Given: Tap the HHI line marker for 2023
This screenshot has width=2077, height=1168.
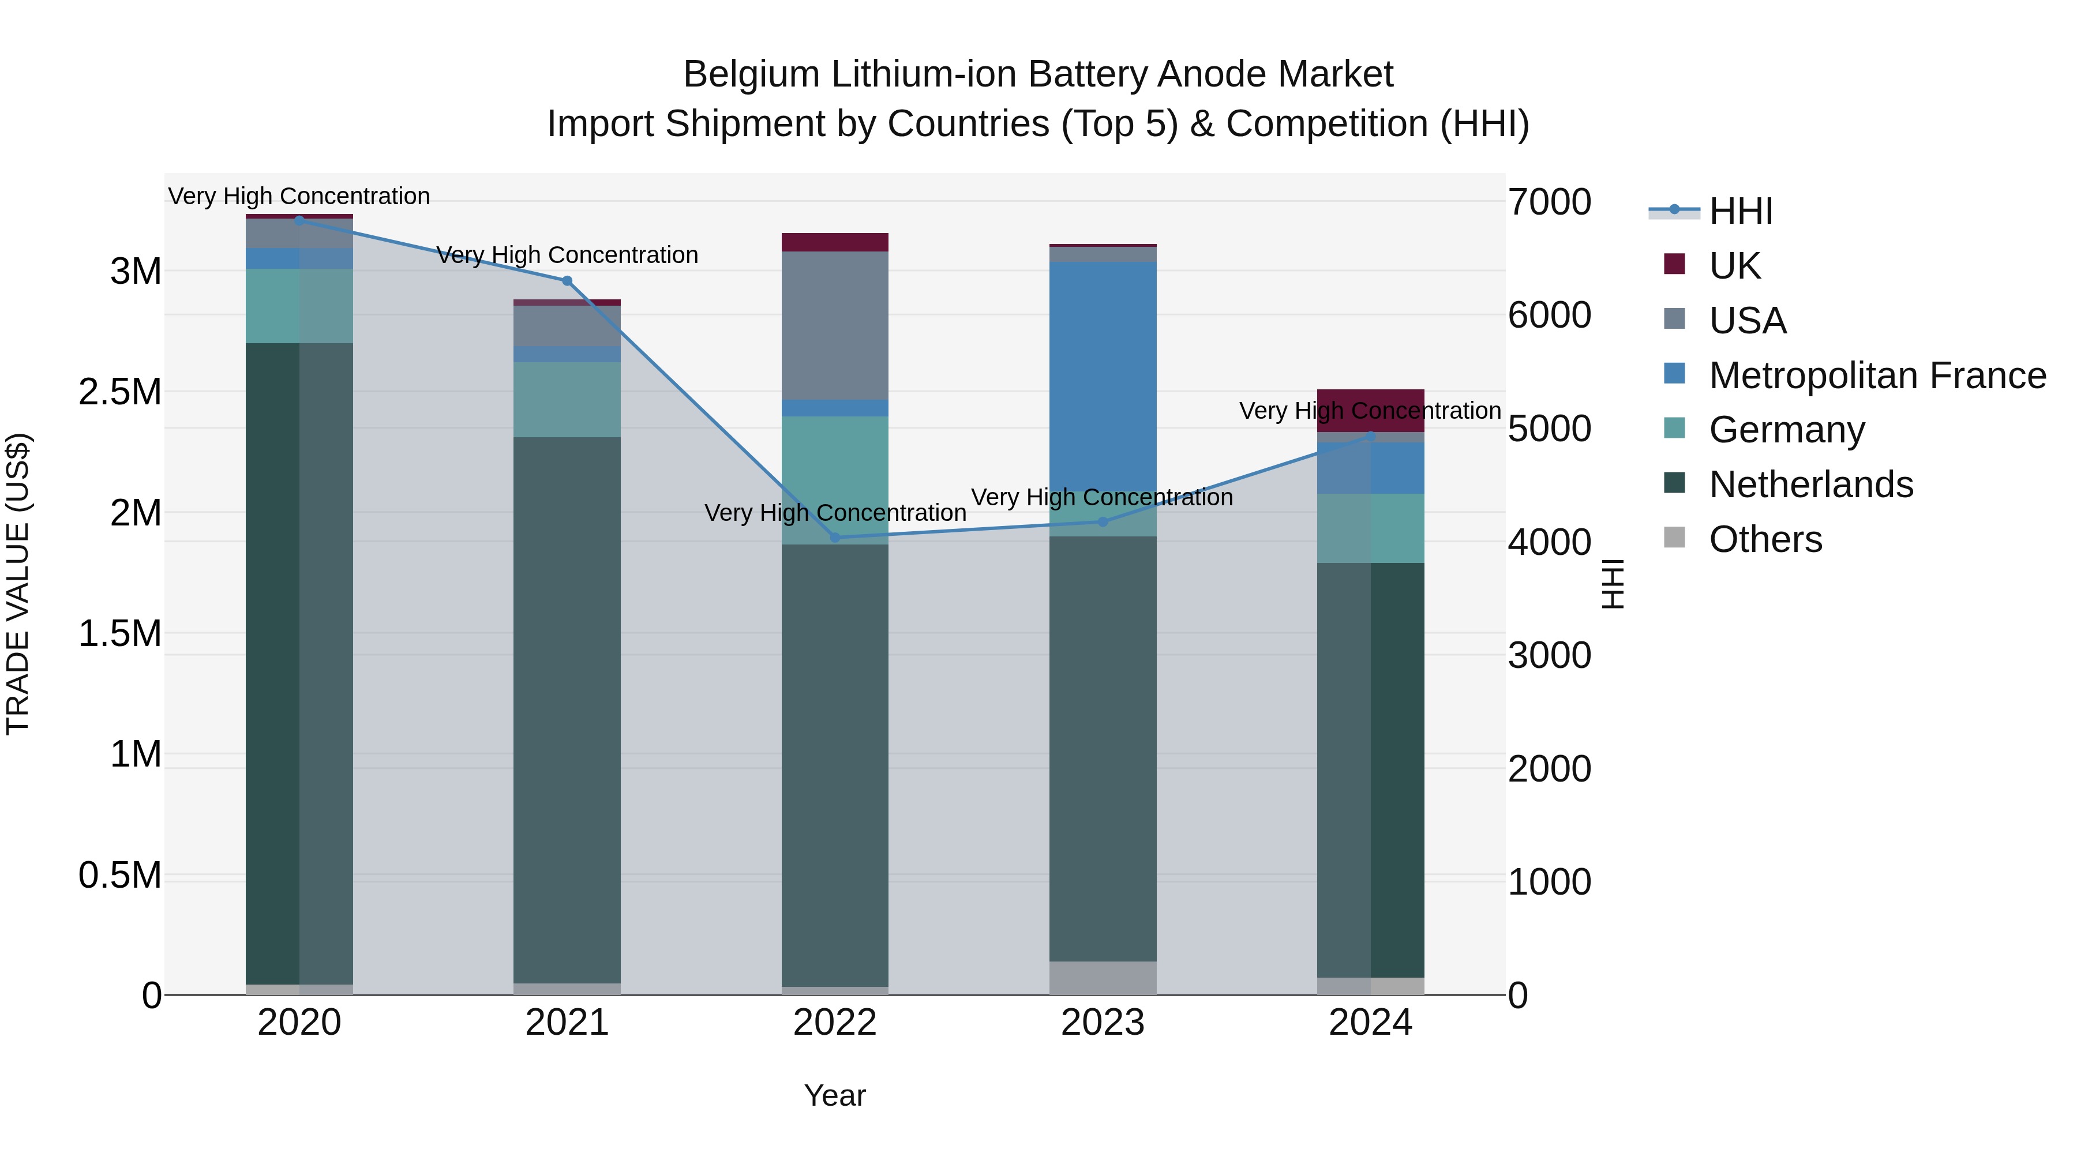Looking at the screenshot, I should (x=1103, y=521).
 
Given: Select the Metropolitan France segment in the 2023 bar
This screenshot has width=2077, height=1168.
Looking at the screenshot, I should (x=1103, y=375).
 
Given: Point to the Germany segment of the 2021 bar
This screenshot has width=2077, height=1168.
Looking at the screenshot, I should (x=567, y=399).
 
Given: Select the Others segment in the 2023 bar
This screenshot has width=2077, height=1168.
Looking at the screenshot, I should (x=1103, y=977).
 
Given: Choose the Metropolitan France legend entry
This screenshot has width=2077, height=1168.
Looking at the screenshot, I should (x=1876, y=375).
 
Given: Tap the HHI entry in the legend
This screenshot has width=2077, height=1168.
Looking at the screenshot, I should (x=1740, y=211).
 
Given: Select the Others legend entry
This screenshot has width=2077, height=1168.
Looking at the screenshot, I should (x=1765, y=539).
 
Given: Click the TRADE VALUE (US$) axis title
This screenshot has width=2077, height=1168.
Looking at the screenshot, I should (x=18, y=584).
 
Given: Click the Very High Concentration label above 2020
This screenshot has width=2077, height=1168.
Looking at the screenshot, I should (x=299, y=196).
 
